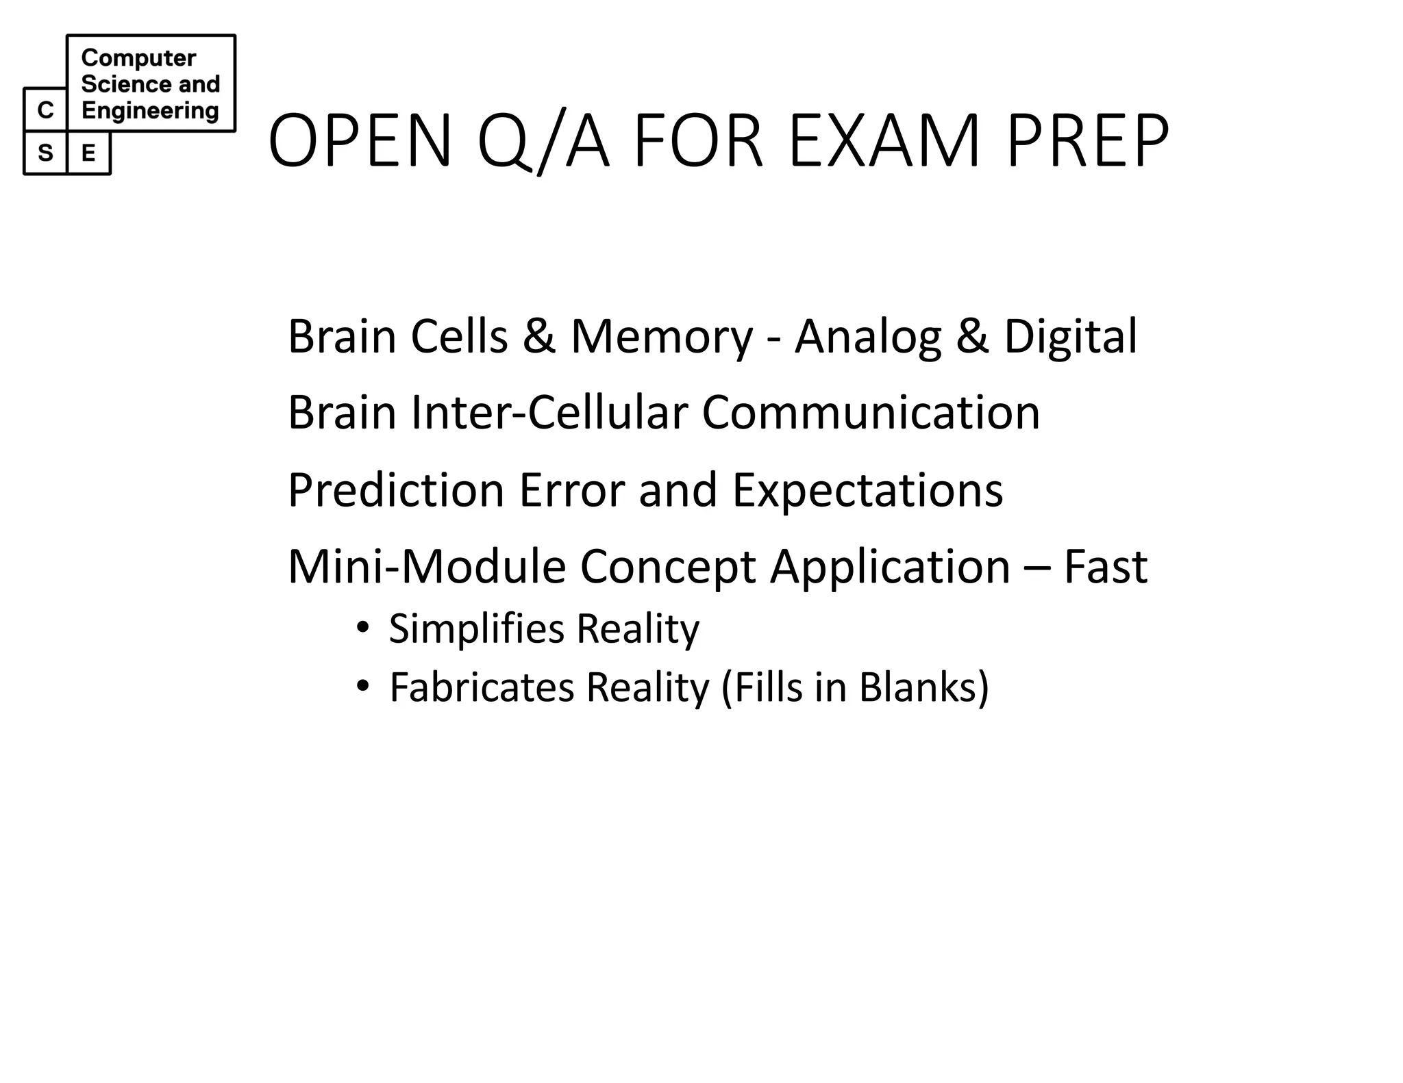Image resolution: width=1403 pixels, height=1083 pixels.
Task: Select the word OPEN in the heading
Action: (x=360, y=142)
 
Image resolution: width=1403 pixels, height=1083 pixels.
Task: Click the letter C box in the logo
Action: (x=45, y=110)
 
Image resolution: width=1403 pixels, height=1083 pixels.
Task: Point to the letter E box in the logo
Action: (x=88, y=153)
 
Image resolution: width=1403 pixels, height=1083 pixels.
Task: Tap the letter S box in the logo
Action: (x=45, y=153)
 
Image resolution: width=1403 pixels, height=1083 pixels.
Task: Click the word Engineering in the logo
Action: (x=150, y=110)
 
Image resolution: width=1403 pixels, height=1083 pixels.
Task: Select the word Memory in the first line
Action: (x=661, y=337)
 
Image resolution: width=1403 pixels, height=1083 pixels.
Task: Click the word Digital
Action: (x=1070, y=337)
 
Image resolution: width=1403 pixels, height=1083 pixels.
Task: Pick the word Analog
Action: (x=867, y=337)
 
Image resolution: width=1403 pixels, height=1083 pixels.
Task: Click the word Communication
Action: (x=870, y=413)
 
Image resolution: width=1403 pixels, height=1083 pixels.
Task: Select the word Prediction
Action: (x=396, y=490)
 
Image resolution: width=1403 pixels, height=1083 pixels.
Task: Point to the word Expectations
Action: (x=867, y=490)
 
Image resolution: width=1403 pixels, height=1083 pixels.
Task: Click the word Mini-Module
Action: (x=426, y=567)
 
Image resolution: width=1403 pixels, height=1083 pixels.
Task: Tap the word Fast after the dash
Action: (x=1105, y=567)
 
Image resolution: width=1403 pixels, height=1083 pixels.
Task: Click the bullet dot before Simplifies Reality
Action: (x=363, y=627)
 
